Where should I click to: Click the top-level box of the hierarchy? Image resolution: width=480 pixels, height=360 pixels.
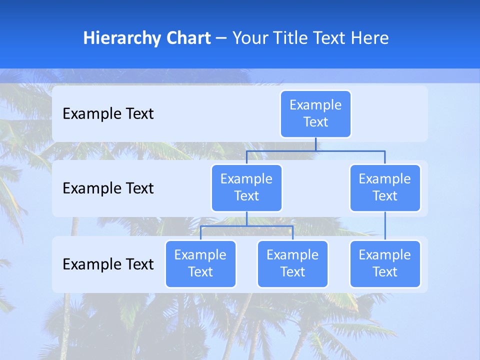coord(315,114)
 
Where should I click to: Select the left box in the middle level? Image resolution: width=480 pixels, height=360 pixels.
coord(246,187)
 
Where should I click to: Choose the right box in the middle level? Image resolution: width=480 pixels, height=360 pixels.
coord(385,187)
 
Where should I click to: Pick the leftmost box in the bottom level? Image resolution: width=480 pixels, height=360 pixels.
coord(200,263)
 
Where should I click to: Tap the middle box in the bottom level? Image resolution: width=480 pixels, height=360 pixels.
coord(292,263)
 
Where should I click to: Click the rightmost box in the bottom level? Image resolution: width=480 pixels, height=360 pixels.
coord(385,263)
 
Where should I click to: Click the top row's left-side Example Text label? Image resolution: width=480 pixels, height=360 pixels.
coord(108,114)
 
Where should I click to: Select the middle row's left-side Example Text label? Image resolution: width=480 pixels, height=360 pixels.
coord(108,188)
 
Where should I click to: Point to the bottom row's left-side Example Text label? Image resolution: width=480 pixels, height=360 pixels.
coord(108,264)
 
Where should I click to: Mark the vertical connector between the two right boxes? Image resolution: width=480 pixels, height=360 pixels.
coord(385,226)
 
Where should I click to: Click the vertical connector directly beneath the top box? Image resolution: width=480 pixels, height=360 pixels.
coord(315,144)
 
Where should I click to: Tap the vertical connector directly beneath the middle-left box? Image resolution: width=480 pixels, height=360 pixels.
coord(246,218)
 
